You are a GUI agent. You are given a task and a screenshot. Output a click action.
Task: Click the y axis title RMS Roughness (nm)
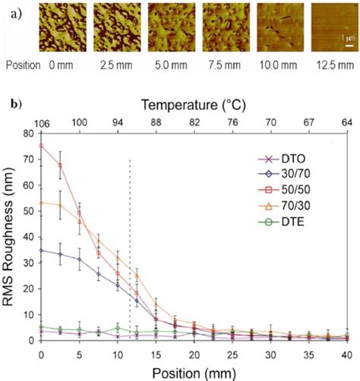click(x=10, y=237)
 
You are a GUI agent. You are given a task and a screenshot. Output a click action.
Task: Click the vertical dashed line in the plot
click(x=130, y=250)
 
